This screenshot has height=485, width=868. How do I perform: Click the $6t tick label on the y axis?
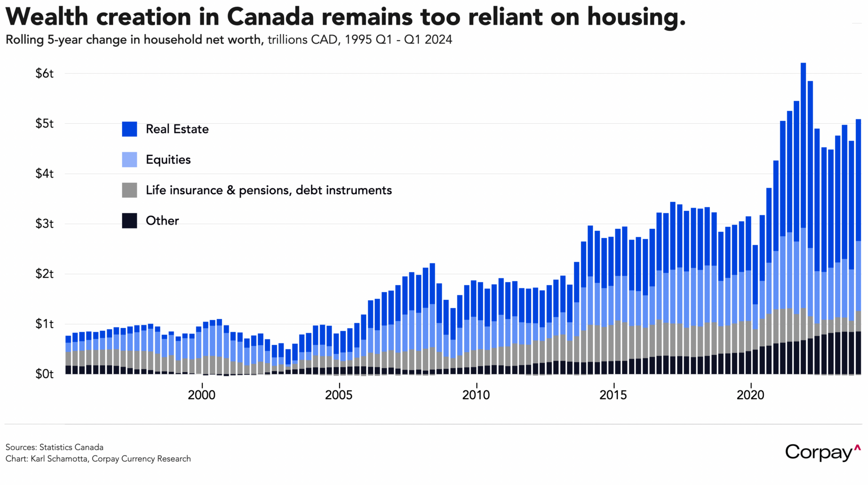tap(44, 74)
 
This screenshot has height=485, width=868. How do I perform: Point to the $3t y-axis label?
tap(44, 224)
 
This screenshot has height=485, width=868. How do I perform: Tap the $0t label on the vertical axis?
tap(44, 374)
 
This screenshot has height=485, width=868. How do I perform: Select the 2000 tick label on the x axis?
tap(202, 395)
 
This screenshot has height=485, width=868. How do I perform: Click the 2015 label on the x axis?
tap(613, 395)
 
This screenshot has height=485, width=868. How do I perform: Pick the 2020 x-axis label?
tap(750, 395)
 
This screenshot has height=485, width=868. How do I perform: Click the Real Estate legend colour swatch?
tap(129, 129)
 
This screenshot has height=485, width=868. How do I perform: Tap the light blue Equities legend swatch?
tap(129, 160)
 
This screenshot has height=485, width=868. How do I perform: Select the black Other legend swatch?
tap(129, 221)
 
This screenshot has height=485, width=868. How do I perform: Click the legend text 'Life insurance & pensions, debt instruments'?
tap(269, 190)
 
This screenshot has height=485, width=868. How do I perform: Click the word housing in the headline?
tap(635, 17)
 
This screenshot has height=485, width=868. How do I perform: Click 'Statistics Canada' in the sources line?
tap(71, 447)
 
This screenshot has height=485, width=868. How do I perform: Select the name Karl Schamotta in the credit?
tap(60, 459)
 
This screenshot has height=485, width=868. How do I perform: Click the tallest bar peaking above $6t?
tap(803, 218)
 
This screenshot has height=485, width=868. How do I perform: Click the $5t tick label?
tap(44, 124)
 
